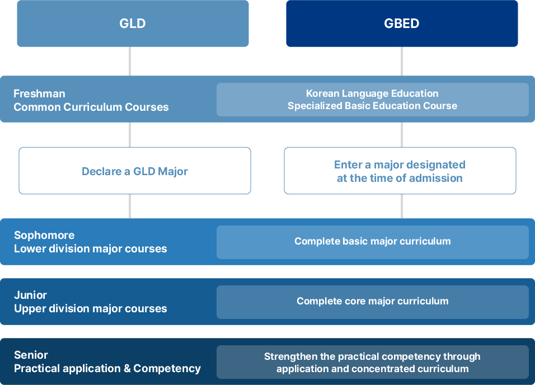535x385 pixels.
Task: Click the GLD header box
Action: click(x=133, y=24)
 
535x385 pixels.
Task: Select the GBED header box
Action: click(x=402, y=24)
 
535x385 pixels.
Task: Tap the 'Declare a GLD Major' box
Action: click(x=134, y=171)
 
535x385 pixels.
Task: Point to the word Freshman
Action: click(x=39, y=93)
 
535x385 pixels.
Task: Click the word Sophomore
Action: click(x=44, y=235)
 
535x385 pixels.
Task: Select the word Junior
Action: click(x=30, y=295)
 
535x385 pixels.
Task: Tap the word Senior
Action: click(x=31, y=355)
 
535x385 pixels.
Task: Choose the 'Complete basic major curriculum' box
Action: click(x=372, y=242)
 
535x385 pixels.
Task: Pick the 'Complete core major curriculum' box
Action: click(x=372, y=302)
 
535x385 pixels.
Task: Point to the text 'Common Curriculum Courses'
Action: click(x=91, y=107)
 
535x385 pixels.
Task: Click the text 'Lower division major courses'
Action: click(x=90, y=248)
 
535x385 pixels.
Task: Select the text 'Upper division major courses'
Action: click(x=90, y=308)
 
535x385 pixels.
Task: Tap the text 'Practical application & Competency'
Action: click(x=107, y=368)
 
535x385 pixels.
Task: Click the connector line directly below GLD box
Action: click(x=130, y=61)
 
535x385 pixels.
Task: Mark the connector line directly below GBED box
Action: click(x=401, y=61)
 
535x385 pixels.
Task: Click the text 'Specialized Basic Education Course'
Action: click(x=372, y=106)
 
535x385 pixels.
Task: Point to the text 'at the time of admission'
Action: click(x=400, y=178)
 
